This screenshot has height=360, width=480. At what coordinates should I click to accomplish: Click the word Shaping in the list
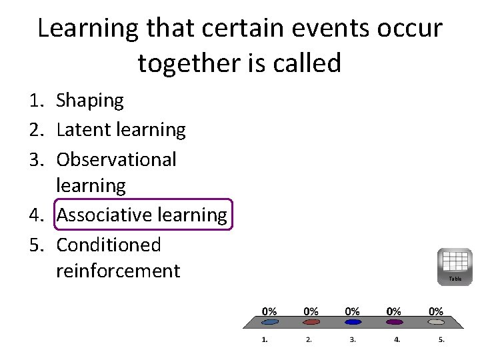90,101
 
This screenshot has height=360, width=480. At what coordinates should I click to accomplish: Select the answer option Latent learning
121,129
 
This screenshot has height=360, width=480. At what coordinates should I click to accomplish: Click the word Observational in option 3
116,159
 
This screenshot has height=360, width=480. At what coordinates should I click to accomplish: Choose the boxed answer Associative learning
141,215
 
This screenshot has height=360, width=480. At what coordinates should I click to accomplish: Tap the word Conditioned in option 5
109,245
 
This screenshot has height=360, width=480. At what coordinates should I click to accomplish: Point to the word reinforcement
118,271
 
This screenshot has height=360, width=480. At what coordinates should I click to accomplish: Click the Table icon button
455,266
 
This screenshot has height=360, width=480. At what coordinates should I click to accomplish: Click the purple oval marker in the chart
395,322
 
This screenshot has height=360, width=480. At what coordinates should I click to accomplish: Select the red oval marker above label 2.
311,322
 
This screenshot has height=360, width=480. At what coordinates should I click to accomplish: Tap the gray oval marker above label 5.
436,322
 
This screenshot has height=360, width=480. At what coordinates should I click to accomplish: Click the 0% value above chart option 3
353,311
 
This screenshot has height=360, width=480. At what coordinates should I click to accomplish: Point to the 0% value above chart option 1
269,311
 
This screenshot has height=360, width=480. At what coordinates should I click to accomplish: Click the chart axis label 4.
397,339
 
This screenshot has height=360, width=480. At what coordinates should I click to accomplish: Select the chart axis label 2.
309,339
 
